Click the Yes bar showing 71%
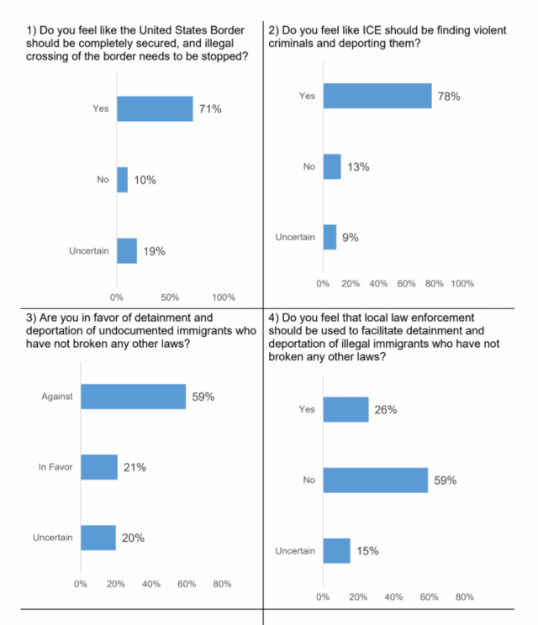point(155,108)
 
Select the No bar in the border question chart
point(122,180)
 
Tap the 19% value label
point(154,251)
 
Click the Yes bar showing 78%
point(377,97)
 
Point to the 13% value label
point(359,166)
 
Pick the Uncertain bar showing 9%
point(330,238)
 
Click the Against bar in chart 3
point(133,397)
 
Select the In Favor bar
point(99,467)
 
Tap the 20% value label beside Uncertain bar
point(134,538)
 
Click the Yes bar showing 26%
point(345,409)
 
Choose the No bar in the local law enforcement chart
point(375,481)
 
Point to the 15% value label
point(367,551)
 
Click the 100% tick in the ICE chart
point(462,284)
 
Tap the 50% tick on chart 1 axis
point(171,297)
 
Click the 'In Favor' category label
point(54,467)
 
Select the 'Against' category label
point(57,397)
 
